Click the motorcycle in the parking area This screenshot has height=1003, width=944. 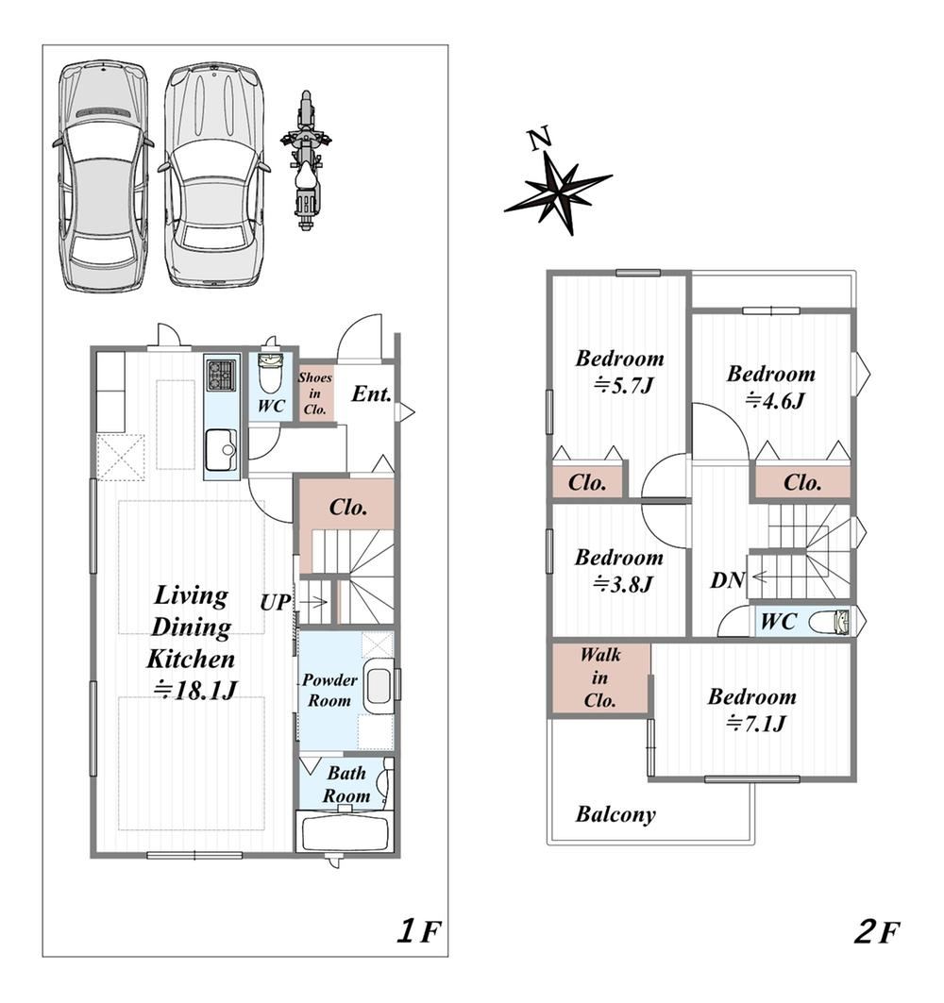pyautogui.click(x=306, y=160)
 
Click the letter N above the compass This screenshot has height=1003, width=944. pyautogui.click(x=540, y=138)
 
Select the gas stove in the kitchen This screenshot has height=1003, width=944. pyautogui.click(x=221, y=375)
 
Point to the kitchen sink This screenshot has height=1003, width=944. pyautogui.click(x=221, y=450)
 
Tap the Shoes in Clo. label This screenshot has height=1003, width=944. pyautogui.click(x=315, y=393)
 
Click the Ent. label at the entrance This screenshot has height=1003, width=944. pyautogui.click(x=371, y=393)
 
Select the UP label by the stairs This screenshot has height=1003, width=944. pyautogui.click(x=276, y=603)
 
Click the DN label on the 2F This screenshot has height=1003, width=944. pyautogui.click(x=727, y=580)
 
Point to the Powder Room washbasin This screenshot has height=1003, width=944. pyautogui.click(x=379, y=688)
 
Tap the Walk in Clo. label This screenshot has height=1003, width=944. pyautogui.click(x=599, y=677)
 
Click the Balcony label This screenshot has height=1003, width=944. pyautogui.click(x=615, y=814)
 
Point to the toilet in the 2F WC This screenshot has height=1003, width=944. pyautogui.click(x=830, y=621)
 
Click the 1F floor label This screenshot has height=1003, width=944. pyautogui.click(x=419, y=930)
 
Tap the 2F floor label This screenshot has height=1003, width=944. pyautogui.click(x=877, y=931)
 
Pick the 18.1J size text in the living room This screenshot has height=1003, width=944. pyautogui.click(x=195, y=690)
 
